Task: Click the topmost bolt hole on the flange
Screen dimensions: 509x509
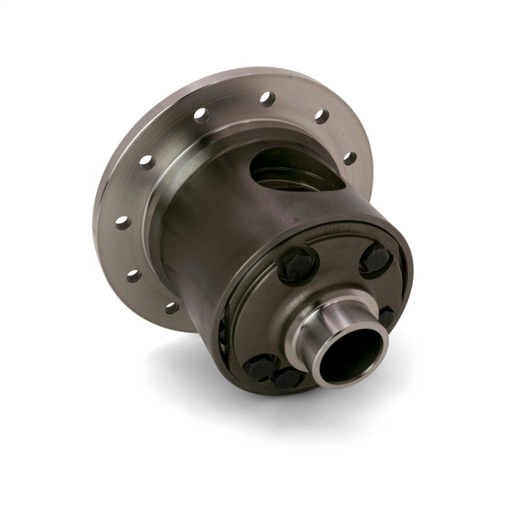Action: pos(268,99)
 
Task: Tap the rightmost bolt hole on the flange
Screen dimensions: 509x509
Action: pos(349,158)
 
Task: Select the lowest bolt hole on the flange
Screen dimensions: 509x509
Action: pos(172,307)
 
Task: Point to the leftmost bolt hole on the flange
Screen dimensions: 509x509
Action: pos(123,222)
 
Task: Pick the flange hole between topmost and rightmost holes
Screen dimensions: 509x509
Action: pos(321,116)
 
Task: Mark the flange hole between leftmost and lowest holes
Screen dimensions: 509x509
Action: pos(134,275)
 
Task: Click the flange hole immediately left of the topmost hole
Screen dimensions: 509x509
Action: pos(202,115)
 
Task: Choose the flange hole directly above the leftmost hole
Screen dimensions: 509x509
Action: pos(148,162)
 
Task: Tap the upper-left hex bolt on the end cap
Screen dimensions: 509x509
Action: pos(297,263)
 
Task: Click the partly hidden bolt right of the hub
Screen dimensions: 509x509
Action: pos(386,316)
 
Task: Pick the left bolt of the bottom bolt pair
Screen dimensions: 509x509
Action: pos(261,367)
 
